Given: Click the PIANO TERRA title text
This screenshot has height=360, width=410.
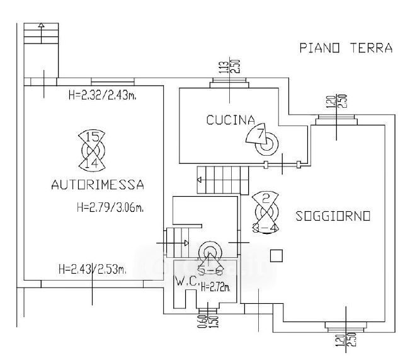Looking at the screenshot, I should click(x=346, y=48).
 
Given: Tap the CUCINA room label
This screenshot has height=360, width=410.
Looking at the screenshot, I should click(x=230, y=120).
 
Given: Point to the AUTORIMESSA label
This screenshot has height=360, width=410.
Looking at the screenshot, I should click(x=98, y=185).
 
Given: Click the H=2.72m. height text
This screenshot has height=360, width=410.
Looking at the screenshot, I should click(x=215, y=287).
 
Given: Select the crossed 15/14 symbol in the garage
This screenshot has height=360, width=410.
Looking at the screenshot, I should click(x=92, y=149).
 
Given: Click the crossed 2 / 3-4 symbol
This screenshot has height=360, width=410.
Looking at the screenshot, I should click(x=266, y=213).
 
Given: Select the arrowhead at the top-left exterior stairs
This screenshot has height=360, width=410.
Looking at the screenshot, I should click(x=41, y=26).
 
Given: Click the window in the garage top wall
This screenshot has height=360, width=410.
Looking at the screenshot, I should click(x=112, y=81).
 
